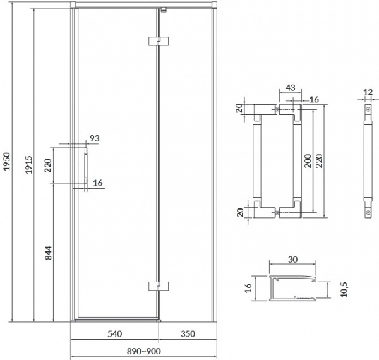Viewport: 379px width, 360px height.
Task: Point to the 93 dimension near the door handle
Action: click(95, 138)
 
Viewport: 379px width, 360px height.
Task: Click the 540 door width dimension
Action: click(114, 332)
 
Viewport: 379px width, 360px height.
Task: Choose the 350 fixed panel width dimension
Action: click(187, 332)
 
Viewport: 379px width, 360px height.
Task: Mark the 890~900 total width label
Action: click(143, 351)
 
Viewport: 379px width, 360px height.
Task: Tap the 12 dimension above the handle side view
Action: click(368, 93)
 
